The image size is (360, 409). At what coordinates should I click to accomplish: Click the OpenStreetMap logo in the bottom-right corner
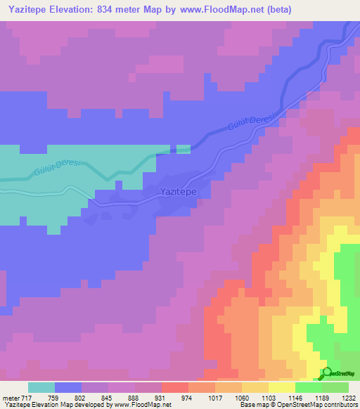pyautogui.click(x=340, y=372)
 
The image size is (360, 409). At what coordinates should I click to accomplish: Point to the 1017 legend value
pyautogui.click(x=215, y=397)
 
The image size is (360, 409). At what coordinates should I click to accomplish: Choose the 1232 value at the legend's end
pyautogui.click(x=348, y=397)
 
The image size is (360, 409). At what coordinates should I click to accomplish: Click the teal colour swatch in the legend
pyautogui.click(x=41, y=387)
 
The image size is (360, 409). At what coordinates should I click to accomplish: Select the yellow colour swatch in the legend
pyautogui.click(x=281, y=387)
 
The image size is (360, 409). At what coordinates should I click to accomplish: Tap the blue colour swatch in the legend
pyautogui.click(x=68, y=387)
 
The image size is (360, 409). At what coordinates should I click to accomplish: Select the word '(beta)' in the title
pyautogui.click(x=274, y=10)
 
